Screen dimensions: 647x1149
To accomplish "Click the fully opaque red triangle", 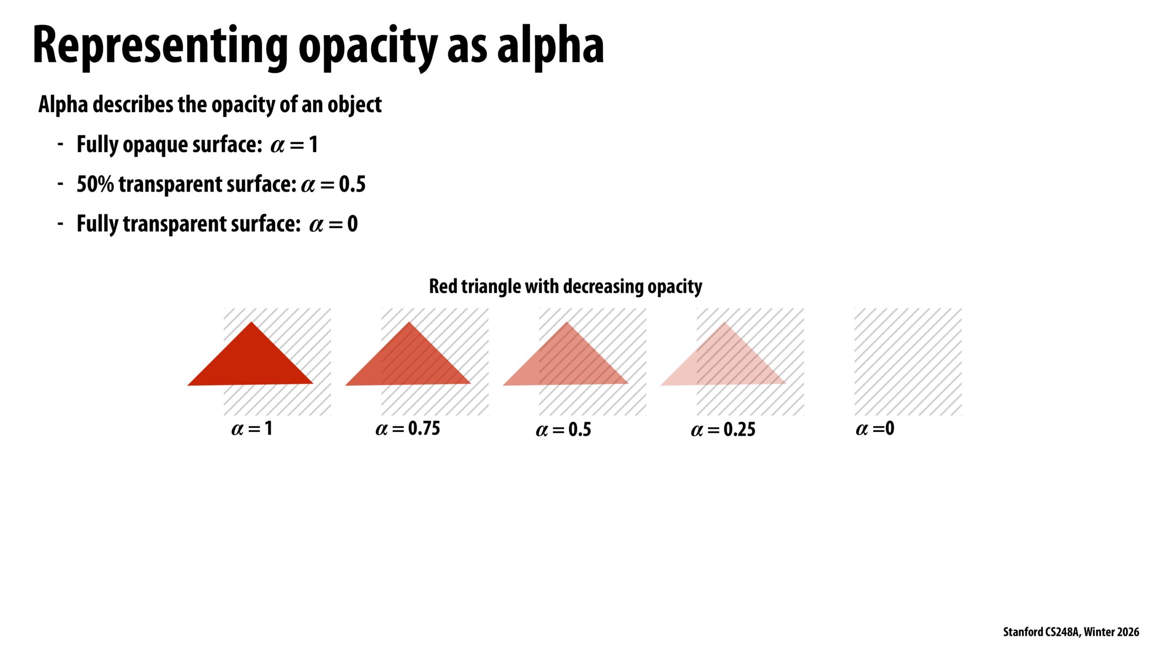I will (x=251, y=362).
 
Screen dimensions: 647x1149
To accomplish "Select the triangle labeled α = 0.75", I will (x=408, y=362).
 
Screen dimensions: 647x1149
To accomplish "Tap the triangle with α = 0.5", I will (x=566, y=362).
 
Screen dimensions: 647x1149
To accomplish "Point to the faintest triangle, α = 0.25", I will (x=724, y=362).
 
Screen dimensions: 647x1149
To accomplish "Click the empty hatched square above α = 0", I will (x=908, y=361).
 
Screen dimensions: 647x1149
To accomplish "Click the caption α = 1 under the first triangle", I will (x=252, y=429).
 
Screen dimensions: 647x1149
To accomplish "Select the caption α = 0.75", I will (x=408, y=429).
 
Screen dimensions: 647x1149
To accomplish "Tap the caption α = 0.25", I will (x=723, y=430).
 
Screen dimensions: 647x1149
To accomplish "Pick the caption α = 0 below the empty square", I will (x=875, y=429).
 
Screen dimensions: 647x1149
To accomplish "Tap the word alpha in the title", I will (x=550, y=46).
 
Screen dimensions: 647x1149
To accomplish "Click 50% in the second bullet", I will (x=95, y=184).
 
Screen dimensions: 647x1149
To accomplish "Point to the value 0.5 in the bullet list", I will (x=352, y=184).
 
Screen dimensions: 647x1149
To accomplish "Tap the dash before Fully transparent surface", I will (x=60, y=223).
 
